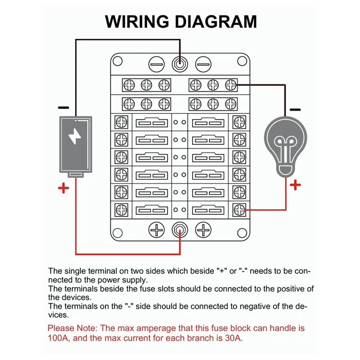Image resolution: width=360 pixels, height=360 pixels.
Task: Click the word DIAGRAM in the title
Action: [215, 22]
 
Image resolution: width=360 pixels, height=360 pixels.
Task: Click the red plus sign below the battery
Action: [64, 188]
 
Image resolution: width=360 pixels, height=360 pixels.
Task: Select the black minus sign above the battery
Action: [64, 108]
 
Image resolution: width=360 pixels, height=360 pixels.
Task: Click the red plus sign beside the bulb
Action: [295, 184]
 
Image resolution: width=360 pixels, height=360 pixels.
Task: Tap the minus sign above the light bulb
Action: [295, 109]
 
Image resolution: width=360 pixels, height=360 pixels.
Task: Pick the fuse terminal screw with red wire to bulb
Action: [239, 209]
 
